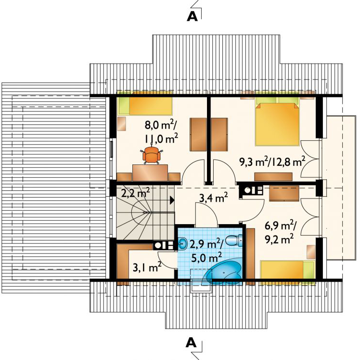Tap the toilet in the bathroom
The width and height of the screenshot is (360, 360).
point(234,240)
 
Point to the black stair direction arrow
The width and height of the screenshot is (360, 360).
point(172,200)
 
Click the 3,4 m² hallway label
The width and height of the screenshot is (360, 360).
point(213,198)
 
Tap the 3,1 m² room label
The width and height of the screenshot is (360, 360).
point(147,267)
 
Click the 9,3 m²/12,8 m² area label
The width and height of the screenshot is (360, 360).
point(272,162)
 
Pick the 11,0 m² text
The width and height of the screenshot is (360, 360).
point(161,139)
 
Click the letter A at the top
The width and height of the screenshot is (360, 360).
point(192,16)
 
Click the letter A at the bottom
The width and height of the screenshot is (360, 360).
point(191,343)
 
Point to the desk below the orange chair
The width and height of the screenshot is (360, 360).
point(150,173)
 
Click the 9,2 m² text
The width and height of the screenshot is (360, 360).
point(279,240)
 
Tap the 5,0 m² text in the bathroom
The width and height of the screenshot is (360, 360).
point(206,257)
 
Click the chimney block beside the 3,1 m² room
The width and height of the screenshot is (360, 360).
point(164,245)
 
